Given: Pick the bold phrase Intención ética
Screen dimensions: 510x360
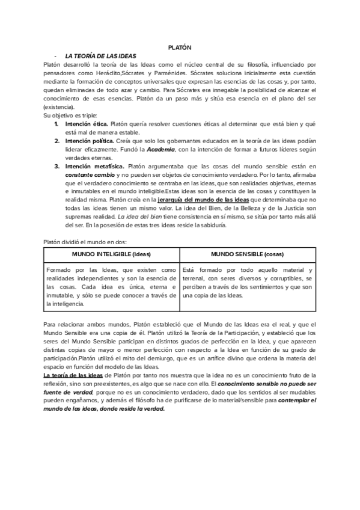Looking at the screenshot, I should [87, 123].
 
